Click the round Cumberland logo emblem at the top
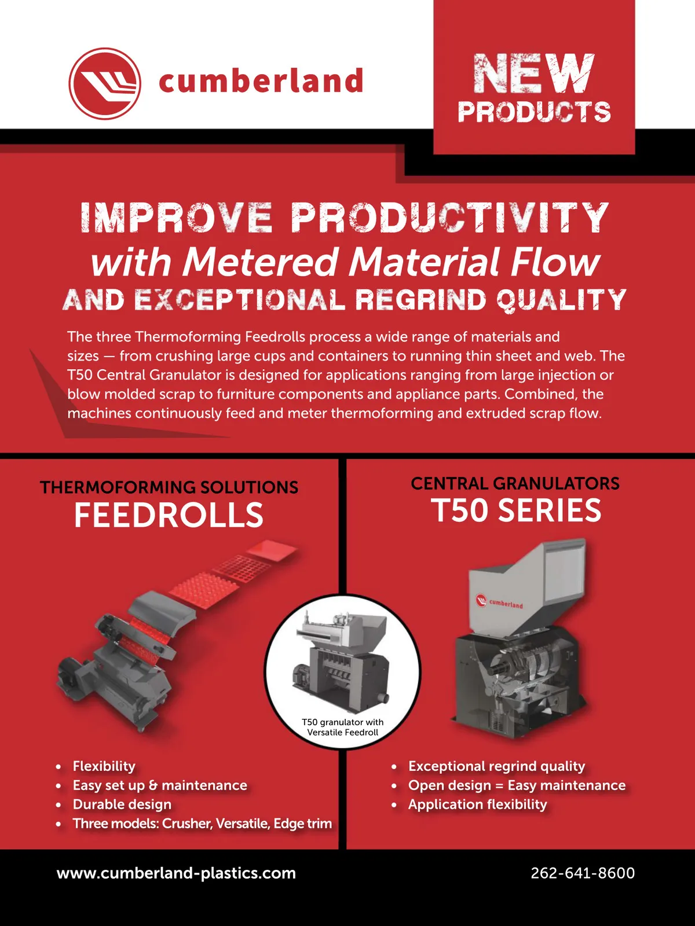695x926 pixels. click(105, 83)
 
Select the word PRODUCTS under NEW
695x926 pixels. click(534, 112)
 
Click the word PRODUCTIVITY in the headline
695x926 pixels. click(450, 217)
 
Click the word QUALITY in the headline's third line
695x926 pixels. click(562, 299)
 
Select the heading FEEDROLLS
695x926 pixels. click(169, 515)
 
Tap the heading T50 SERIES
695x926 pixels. click(515, 510)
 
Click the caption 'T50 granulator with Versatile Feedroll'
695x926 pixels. click(343, 727)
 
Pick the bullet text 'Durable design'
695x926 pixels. click(122, 804)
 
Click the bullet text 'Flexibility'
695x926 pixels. click(104, 766)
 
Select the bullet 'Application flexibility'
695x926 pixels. click(477, 804)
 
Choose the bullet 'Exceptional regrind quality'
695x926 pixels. click(497, 766)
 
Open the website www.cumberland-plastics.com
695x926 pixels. click(177, 873)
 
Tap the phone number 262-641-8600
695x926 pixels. click(582, 873)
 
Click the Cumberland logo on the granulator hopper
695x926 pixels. click(499, 601)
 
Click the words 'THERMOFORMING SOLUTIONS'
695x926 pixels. click(169, 487)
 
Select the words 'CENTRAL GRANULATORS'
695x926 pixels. click(515, 483)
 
